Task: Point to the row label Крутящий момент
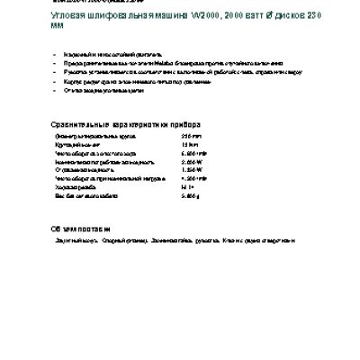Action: coord(78,142)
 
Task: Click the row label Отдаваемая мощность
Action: coord(85,167)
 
